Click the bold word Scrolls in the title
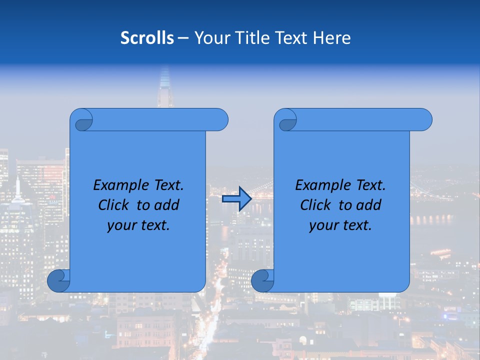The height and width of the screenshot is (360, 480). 147,38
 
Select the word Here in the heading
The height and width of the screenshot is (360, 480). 332,38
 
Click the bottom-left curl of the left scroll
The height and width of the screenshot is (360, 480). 58,280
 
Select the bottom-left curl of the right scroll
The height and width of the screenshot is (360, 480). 262,280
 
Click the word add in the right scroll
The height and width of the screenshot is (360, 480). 369,205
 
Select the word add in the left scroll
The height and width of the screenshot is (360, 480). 167,205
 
